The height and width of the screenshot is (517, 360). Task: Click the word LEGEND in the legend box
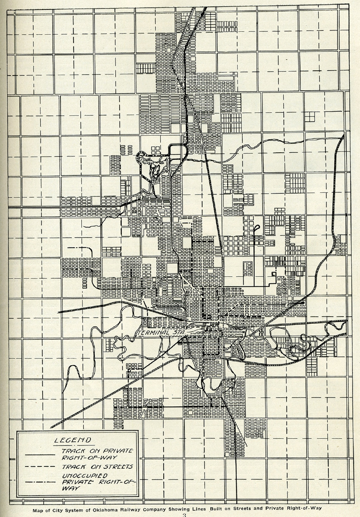click(x=73, y=440)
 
